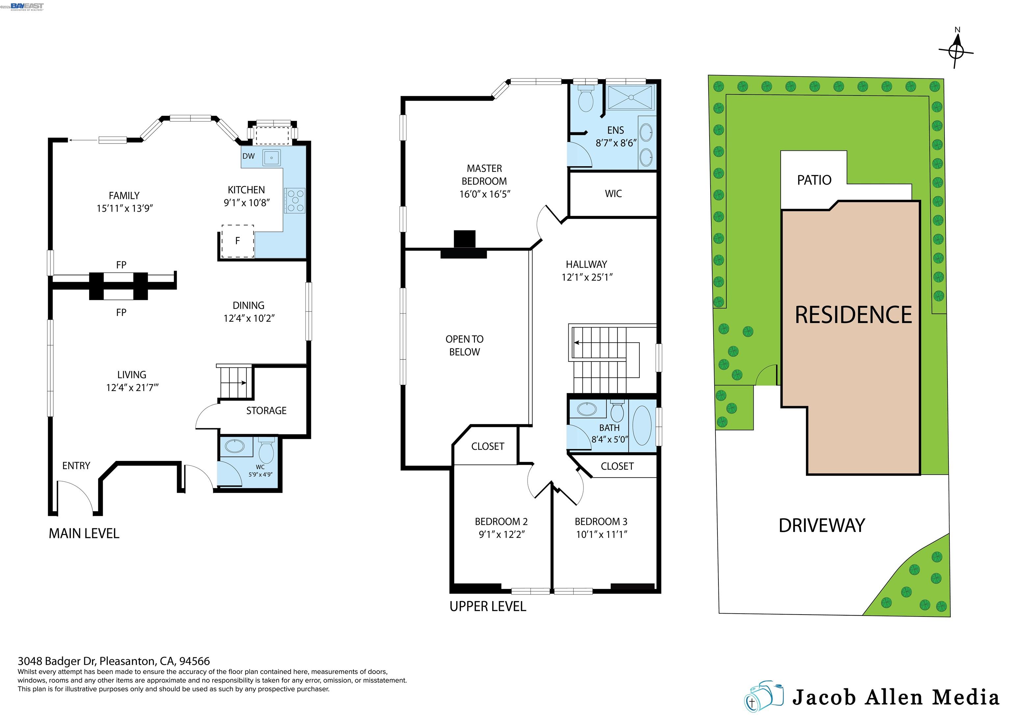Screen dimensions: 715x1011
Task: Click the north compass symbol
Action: (955, 52)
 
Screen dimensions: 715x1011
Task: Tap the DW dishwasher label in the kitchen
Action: (248, 156)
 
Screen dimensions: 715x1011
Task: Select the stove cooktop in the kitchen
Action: (295, 200)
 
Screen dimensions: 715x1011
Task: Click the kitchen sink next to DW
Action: (272, 158)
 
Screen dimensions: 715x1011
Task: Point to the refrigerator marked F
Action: (238, 241)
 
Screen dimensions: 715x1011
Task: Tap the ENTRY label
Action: (76, 466)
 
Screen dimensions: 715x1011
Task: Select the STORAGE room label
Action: (266, 410)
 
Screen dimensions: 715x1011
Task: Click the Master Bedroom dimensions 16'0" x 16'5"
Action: (484, 194)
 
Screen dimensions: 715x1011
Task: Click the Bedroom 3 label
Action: (601, 522)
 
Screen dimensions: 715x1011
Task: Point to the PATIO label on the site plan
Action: (814, 180)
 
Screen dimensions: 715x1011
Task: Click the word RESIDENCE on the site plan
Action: (853, 315)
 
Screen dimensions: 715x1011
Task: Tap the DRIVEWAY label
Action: (822, 526)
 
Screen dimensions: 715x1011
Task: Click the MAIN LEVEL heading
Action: (84, 534)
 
